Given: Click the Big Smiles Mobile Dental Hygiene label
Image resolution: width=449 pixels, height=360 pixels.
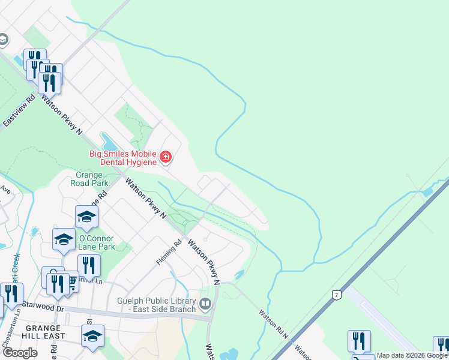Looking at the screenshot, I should (x=123, y=158).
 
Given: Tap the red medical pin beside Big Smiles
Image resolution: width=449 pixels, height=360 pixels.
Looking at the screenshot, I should (x=166, y=158).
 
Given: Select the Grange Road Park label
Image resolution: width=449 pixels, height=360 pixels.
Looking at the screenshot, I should (x=89, y=179).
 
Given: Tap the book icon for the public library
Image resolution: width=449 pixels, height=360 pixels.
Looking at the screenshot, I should (x=205, y=305).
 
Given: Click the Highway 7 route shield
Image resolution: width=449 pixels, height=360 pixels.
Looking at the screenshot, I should (x=337, y=295).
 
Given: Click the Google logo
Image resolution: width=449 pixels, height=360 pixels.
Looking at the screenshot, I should (x=20, y=353).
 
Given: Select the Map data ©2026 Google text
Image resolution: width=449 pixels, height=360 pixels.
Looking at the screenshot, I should (x=411, y=356).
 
